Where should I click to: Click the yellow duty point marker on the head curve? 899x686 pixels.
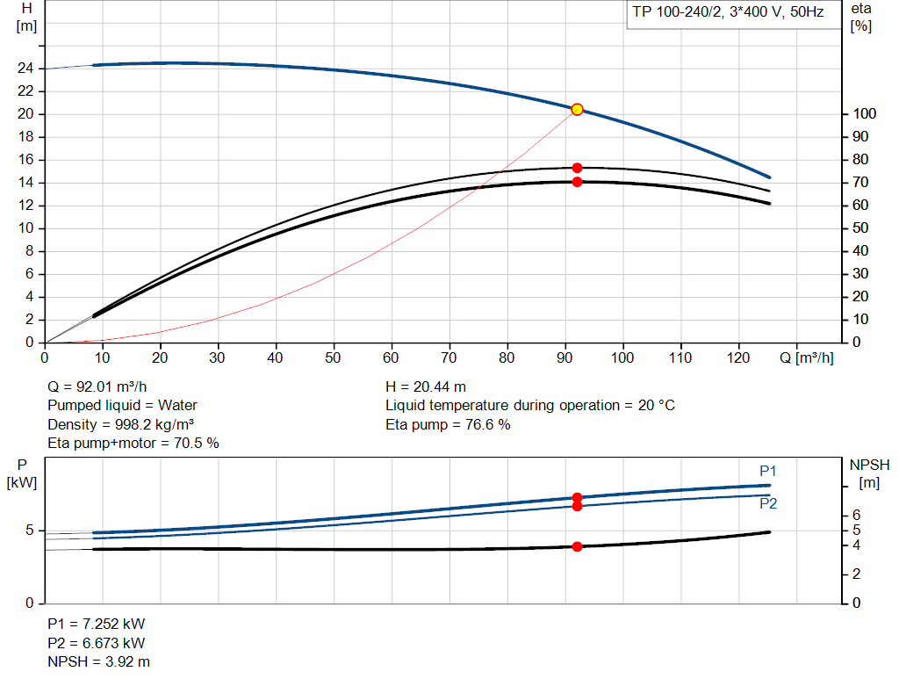[577, 109]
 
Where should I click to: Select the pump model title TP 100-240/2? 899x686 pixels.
[725, 14]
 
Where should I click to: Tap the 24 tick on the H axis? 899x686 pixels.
[26, 69]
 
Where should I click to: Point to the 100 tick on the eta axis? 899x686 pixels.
[864, 114]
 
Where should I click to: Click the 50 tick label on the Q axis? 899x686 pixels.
[334, 357]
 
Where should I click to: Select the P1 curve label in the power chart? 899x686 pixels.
[768, 471]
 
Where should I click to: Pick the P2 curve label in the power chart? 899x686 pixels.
[768, 504]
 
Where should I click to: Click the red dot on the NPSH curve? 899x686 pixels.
[577, 546]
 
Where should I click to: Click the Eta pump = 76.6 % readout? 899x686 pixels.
[448, 424]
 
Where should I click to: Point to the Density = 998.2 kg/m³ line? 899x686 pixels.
[120, 424]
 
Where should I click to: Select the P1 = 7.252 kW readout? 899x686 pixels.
[97, 624]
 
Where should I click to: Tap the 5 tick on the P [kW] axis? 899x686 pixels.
[30, 531]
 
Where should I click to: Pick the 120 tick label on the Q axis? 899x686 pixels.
[737, 357]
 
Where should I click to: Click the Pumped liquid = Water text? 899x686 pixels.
[122, 405]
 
